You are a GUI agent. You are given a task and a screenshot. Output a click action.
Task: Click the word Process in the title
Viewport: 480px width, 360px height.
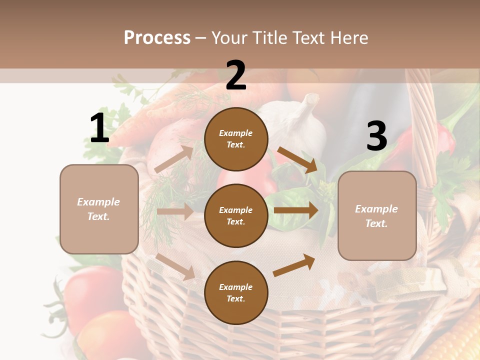coord(157,38)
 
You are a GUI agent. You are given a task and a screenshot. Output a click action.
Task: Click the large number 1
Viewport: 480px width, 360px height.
coord(99,128)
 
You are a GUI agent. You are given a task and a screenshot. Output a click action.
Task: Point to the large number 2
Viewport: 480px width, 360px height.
coord(236,75)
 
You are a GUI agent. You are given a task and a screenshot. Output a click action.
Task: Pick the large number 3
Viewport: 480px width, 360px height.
coord(376,136)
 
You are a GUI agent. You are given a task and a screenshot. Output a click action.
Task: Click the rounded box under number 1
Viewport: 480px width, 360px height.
coord(99,209)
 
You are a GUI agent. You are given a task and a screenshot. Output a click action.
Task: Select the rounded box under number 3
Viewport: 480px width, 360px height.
coord(377,215)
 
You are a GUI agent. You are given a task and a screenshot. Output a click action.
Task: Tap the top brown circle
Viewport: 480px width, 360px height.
coord(236,139)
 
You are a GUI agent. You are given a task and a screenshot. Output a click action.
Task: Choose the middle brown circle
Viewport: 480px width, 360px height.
coord(236,215)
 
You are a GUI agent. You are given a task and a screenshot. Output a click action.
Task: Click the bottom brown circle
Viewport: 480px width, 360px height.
coord(236,292)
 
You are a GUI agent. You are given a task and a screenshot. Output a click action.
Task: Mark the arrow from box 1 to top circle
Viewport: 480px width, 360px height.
coord(174,159)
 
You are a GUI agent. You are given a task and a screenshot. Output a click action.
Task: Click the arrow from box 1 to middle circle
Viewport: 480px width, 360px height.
coord(175,211)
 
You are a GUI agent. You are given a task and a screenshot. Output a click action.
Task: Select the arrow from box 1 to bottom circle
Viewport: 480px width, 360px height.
coord(175,266)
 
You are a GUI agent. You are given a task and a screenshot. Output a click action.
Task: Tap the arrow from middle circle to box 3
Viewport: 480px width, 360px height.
coord(296,210)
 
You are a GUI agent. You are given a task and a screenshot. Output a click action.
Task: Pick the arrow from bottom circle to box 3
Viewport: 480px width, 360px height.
coord(294,265)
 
